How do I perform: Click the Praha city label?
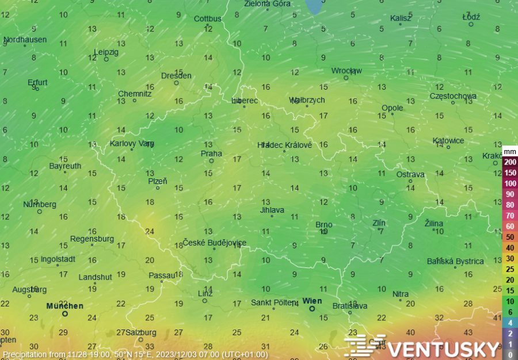[x=211, y=154]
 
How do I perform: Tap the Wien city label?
[x=312, y=301]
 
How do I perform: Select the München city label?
[x=64, y=306]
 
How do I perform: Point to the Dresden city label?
[x=176, y=75]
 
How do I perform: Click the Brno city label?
[x=324, y=225]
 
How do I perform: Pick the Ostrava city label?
[x=410, y=174]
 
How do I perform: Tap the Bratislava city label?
[x=349, y=306]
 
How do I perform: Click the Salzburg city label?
[x=140, y=332]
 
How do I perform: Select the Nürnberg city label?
[x=40, y=204]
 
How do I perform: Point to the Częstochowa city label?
[x=453, y=96]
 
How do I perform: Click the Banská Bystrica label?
[x=455, y=261]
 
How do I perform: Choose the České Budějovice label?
[x=215, y=243]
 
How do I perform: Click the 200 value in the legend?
[x=510, y=162]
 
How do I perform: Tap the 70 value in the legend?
[x=510, y=216]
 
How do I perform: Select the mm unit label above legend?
[x=509, y=152]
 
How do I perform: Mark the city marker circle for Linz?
[x=204, y=300]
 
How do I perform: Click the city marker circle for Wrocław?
[x=346, y=78]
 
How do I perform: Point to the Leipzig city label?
[x=106, y=52]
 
